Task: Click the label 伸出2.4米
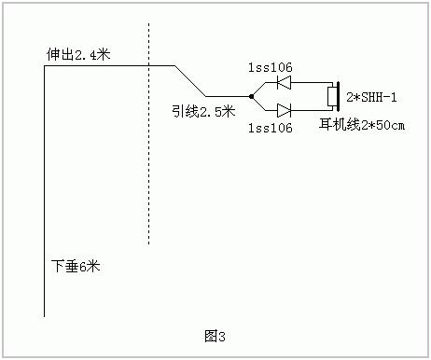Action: [x=78, y=55]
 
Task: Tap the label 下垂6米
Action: [x=76, y=266]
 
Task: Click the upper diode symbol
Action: [x=285, y=82]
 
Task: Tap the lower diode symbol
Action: [x=285, y=110]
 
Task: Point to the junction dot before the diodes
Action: [x=251, y=96]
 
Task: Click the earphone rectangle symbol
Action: [x=331, y=96]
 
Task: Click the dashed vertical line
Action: [x=148, y=140]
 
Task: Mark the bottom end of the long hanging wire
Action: [x=45, y=316]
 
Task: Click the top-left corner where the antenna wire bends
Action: [x=45, y=66]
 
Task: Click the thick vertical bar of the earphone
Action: [x=339, y=96]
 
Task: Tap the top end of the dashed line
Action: [x=148, y=26]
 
